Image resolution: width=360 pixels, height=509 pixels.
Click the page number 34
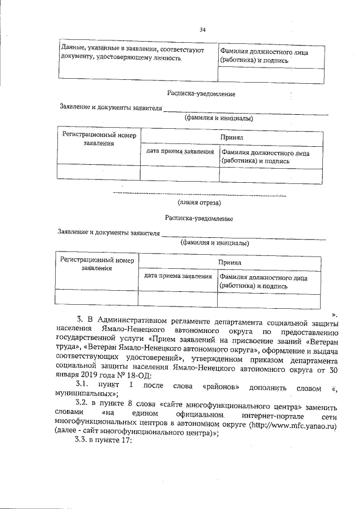tap(202, 30)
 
